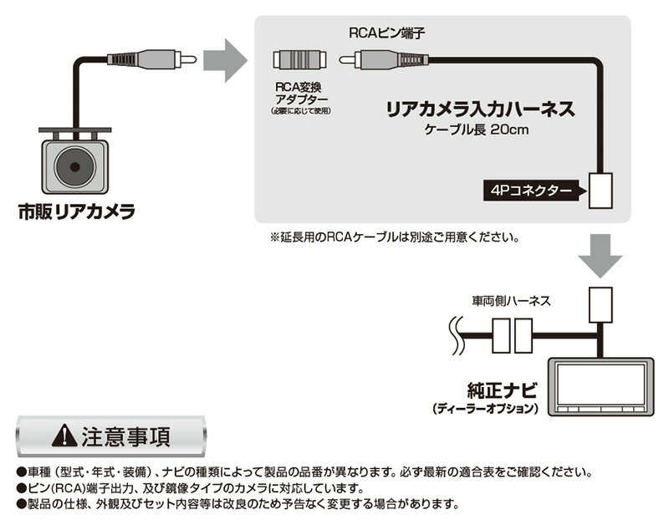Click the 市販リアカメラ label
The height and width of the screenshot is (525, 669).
pyautogui.click(x=77, y=213)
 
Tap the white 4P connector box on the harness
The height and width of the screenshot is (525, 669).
pyautogui.click(x=600, y=190)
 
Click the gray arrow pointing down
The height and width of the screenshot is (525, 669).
pyautogui.click(x=600, y=254)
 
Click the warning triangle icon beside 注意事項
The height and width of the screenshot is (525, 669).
pyautogui.click(x=64, y=436)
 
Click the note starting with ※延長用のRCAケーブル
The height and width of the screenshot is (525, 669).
pyautogui.click(x=393, y=237)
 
